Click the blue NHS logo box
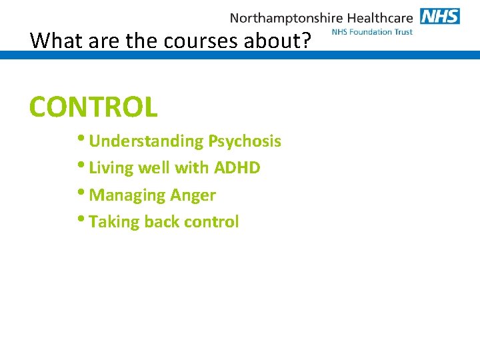[x=439, y=16]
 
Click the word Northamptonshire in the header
[x=286, y=18]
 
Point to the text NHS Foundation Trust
[x=371, y=32]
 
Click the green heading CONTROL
[x=93, y=107]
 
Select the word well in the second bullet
[x=153, y=168]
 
